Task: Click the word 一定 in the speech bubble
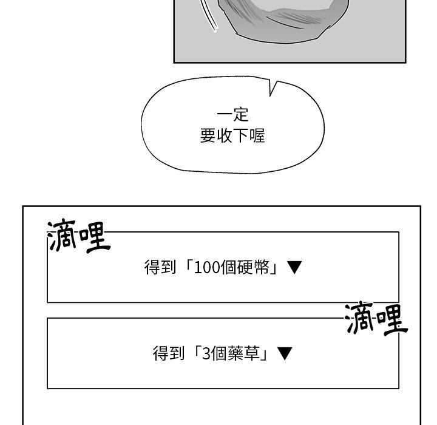tap(232, 115)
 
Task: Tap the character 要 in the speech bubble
tap(208, 135)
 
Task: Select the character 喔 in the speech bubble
tap(257, 135)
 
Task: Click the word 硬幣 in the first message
tap(253, 267)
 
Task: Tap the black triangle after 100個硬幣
tap(294, 267)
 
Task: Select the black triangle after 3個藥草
tap(285, 353)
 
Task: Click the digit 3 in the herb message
tap(206, 353)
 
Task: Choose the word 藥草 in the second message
tap(244, 353)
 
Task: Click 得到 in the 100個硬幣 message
tap(160, 267)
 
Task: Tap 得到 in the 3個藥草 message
tap(169, 353)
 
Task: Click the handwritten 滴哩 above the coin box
tap(79, 236)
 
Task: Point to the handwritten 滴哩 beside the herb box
tap(376, 319)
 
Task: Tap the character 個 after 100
tap(229, 267)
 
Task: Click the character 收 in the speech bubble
tap(225, 135)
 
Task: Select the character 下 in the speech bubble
tap(241, 135)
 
